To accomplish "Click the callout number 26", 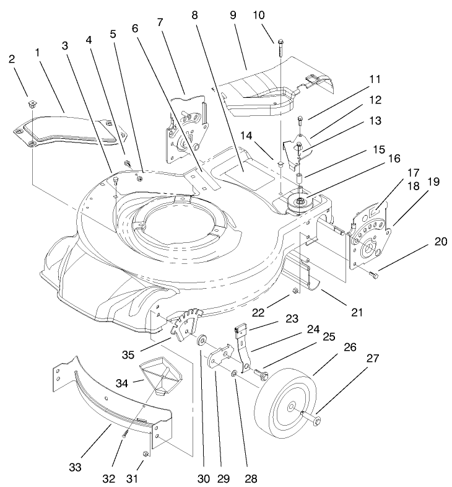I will click(x=350, y=348).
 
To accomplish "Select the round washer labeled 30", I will click(x=202, y=342).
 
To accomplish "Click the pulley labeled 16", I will click(x=299, y=202).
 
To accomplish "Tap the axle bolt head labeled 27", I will click(x=316, y=421).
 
